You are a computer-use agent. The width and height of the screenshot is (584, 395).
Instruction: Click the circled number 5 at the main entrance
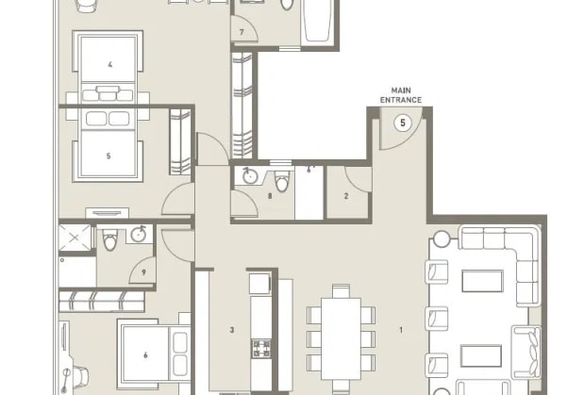[403, 123]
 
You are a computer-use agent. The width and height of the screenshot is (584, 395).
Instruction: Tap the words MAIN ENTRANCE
[402, 95]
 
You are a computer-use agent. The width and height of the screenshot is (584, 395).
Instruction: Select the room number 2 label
[346, 196]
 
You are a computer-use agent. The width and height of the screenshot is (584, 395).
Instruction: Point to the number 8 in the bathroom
[271, 196]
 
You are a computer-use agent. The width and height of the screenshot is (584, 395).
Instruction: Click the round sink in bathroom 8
[250, 176]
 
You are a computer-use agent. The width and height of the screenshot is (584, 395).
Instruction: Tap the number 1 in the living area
[401, 330]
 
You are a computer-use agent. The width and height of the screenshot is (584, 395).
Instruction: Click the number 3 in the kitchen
[231, 330]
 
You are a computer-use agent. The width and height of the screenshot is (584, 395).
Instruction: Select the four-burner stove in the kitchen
[259, 346]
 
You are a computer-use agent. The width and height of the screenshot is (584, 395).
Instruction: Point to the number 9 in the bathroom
[144, 273]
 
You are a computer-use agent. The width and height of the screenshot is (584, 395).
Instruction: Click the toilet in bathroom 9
[111, 241]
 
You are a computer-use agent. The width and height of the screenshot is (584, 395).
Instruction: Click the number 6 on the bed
[145, 355]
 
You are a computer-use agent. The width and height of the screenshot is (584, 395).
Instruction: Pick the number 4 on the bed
[110, 65]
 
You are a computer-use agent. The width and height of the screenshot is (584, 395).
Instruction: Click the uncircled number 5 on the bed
[108, 156]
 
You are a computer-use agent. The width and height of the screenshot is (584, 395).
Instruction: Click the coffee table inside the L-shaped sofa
[480, 282]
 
